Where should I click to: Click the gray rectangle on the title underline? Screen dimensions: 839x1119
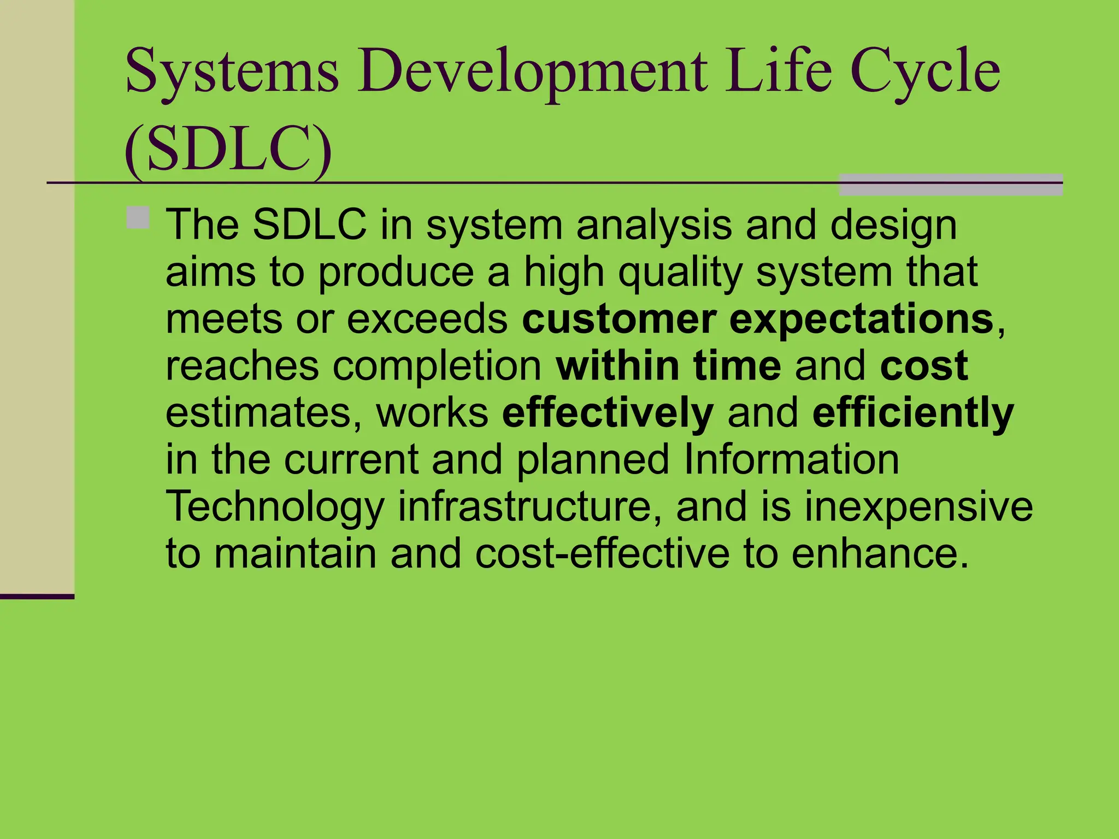point(950,185)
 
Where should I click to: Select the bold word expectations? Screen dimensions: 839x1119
point(861,319)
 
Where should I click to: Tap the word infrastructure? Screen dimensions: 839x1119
point(525,506)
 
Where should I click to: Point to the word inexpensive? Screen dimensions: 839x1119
point(918,507)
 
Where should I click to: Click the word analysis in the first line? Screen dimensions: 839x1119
point(653,226)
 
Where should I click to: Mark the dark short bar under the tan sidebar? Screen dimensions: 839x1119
point(37,596)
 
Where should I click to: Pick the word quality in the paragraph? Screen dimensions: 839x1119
point(680,273)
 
